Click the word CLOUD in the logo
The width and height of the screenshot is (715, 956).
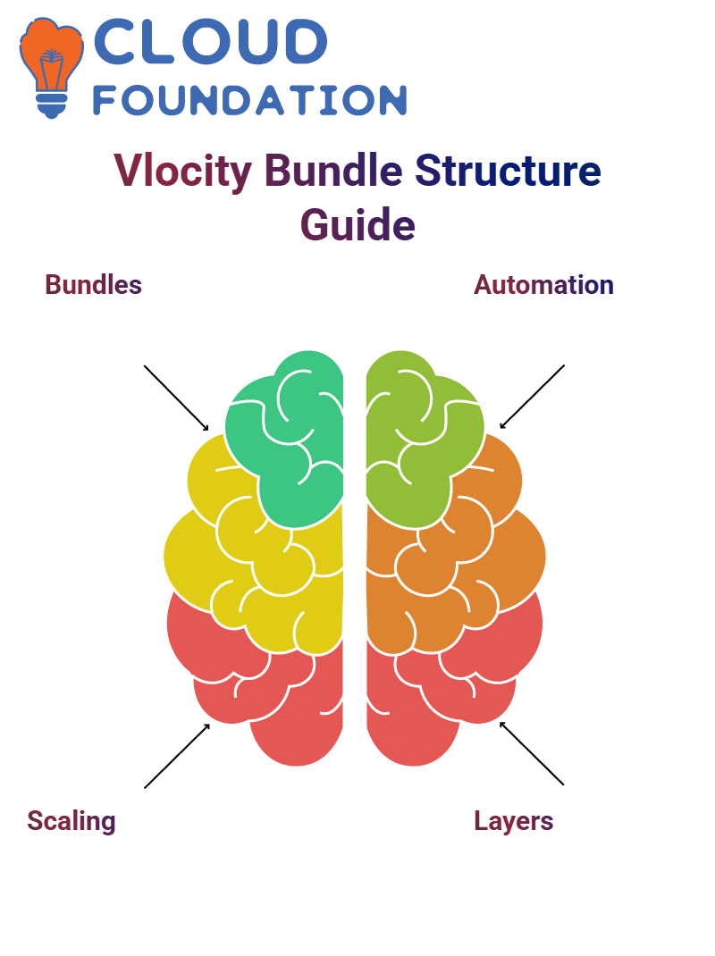pyautogui.click(x=210, y=41)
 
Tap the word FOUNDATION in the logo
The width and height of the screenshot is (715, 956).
pyautogui.click(x=249, y=100)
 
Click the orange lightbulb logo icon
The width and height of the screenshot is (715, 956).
pyautogui.click(x=52, y=68)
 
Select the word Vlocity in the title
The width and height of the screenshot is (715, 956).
pyautogui.click(x=182, y=171)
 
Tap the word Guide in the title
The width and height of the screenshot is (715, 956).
pyautogui.click(x=357, y=225)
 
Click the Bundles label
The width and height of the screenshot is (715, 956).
pyautogui.click(x=93, y=285)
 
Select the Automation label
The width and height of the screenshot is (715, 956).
pyautogui.click(x=543, y=285)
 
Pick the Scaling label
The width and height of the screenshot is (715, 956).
pyautogui.click(x=71, y=821)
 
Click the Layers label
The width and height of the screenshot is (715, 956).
pyautogui.click(x=514, y=821)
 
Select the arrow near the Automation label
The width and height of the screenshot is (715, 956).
pyautogui.click(x=532, y=397)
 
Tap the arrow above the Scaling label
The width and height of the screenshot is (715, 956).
pyautogui.click(x=177, y=756)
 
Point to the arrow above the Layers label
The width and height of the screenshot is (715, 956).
pyautogui.click(x=532, y=753)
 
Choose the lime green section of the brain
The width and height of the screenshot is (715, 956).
pyautogui.click(x=421, y=439)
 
